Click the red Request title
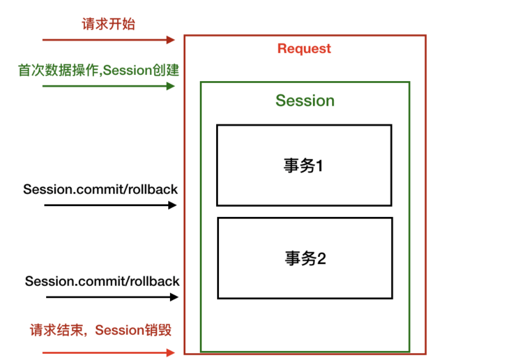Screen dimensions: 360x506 305,48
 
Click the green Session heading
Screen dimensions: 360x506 305,101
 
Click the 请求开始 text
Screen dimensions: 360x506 108,24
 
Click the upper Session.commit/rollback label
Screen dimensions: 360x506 101,189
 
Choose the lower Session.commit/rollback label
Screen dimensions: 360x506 102,281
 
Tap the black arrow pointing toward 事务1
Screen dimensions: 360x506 110,205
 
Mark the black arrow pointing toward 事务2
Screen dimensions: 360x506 111,296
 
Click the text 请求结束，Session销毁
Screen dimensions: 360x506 100,330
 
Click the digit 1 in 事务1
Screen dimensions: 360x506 320,166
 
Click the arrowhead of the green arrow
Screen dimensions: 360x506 171,86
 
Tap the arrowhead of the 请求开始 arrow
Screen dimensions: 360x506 171,39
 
